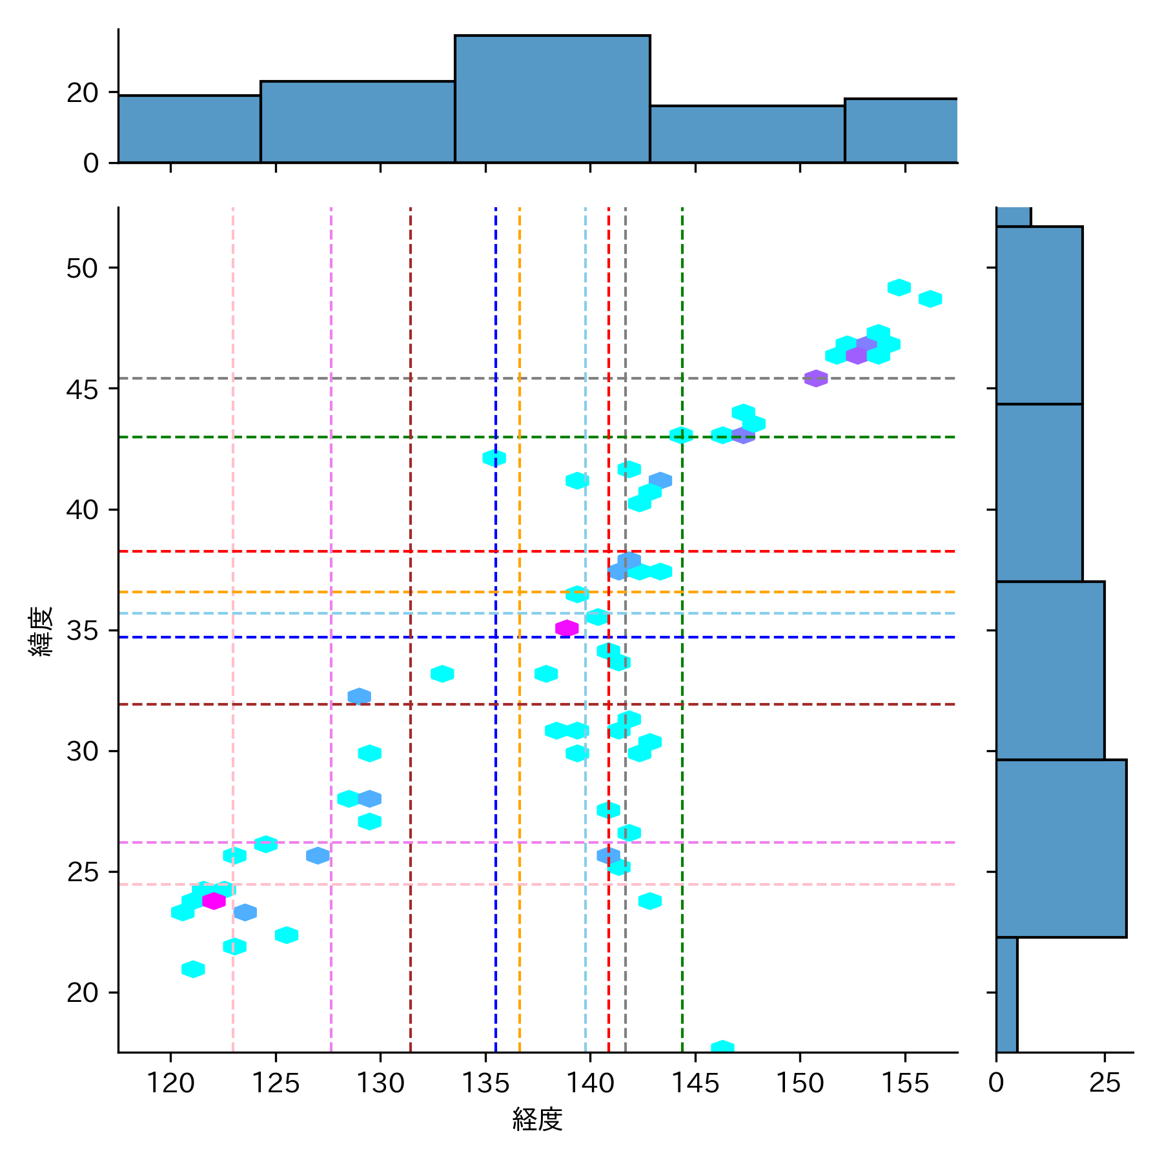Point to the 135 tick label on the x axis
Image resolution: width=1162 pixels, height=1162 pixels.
pos(485,1083)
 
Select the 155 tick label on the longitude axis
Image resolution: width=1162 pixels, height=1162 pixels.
pos(905,1083)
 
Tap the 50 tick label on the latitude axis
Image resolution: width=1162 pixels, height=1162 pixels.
pos(82,268)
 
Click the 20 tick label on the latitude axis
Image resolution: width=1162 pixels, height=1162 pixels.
pos(82,993)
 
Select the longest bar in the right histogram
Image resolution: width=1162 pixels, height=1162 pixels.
pos(1061,848)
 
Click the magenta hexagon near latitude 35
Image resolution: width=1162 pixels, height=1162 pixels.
pos(567,627)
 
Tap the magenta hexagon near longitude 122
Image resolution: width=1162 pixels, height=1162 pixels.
pos(214,901)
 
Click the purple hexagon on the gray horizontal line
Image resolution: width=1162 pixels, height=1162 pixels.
pos(816,378)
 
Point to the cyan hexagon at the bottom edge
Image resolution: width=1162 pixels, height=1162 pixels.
pos(722,1047)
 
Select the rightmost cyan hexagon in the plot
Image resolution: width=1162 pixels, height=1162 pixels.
pos(930,299)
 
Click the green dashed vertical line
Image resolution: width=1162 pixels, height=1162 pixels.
pos(682,775)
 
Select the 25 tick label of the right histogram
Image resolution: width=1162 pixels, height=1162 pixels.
pos(1104,1083)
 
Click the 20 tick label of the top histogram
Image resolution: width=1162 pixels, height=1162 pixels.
pos(82,93)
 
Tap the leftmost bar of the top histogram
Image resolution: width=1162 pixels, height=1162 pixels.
pos(189,129)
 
